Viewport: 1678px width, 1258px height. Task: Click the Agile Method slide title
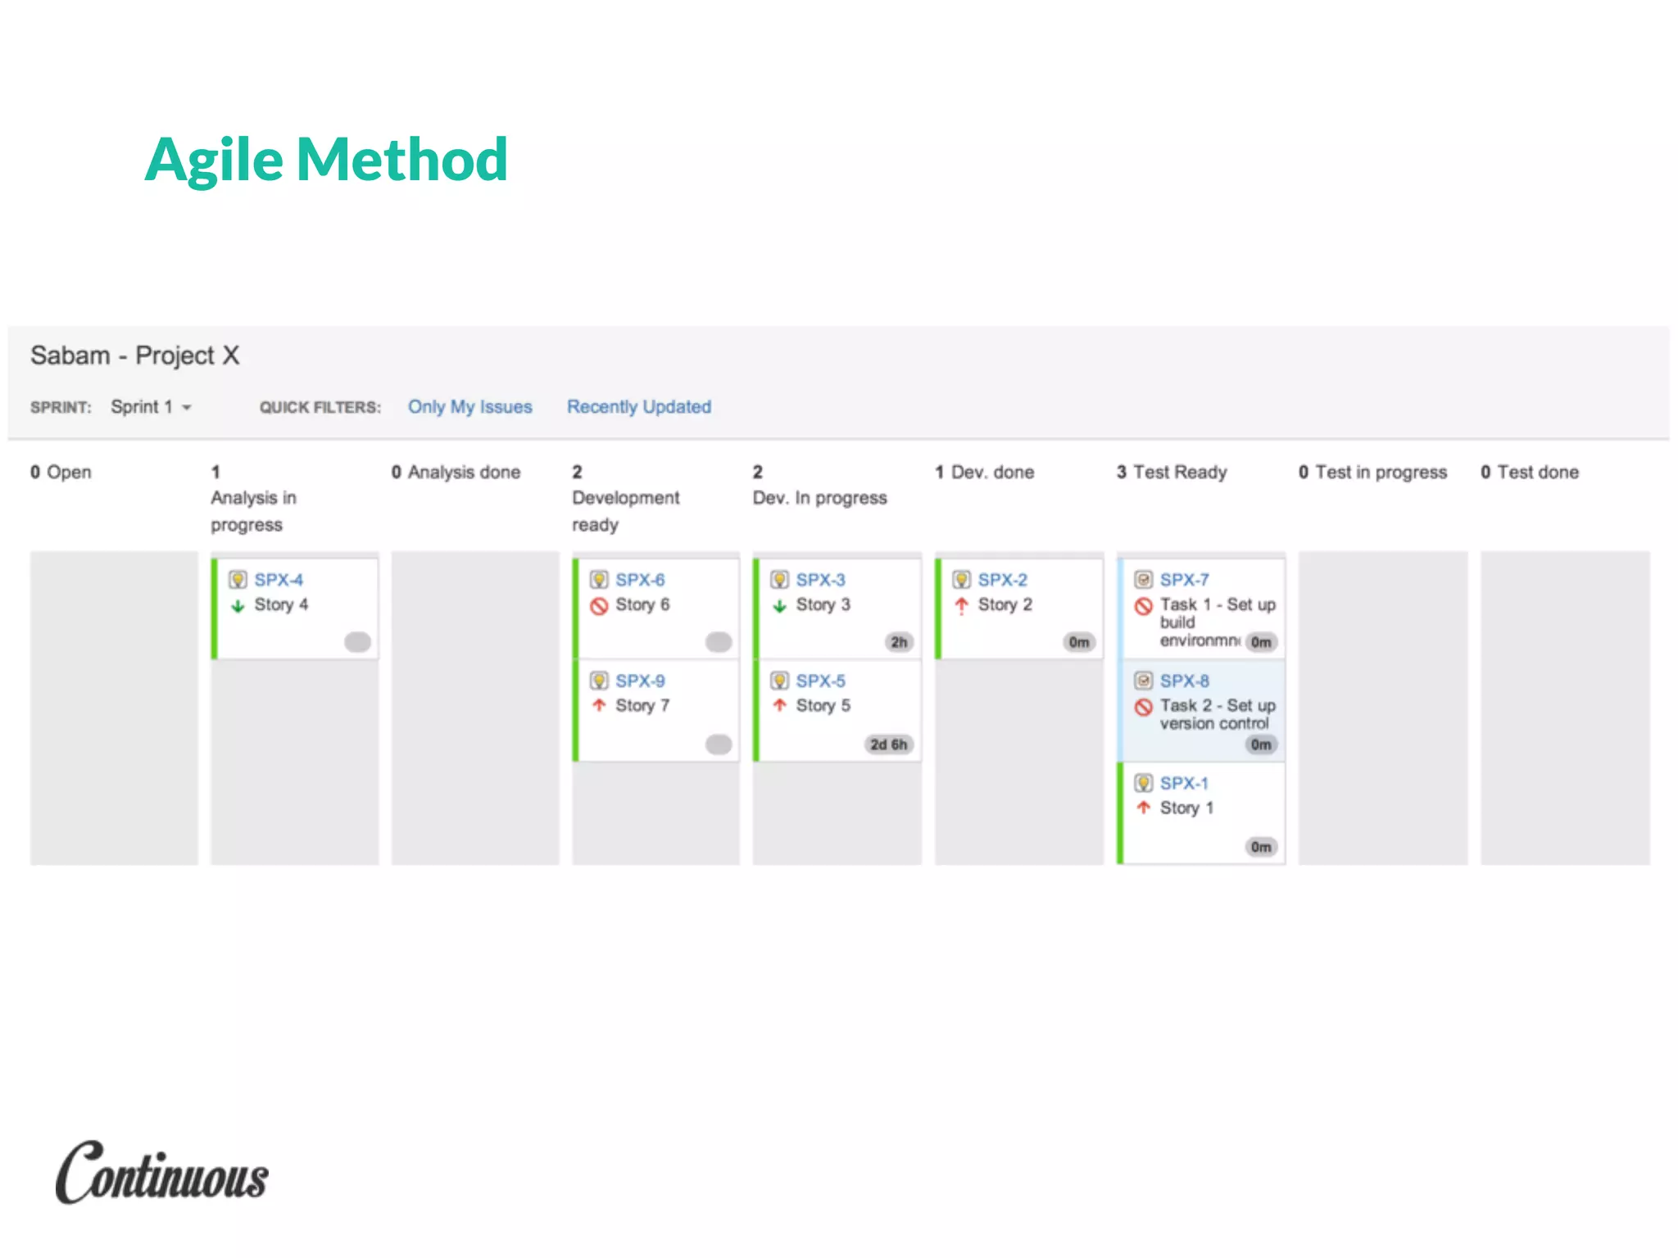tap(326, 159)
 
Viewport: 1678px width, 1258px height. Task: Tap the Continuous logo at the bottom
tap(162, 1174)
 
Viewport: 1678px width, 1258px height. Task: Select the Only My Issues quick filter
tap(469, 407)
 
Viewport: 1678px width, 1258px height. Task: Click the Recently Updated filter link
tap(639, 407)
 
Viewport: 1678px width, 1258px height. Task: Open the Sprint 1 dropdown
tap(151, 407)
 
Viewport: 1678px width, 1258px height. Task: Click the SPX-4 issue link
tap(279, 580)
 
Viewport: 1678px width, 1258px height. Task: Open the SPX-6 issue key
tap(640, 580)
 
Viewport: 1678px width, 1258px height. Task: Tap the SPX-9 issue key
tap(640, 681)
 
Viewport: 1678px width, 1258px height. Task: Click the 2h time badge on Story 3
tap(899, 642)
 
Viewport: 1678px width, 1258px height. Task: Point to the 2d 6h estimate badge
tap(888, 744)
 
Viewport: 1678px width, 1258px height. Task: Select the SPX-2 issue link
tap(1002, 580)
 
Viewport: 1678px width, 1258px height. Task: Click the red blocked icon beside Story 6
tap(599, 606)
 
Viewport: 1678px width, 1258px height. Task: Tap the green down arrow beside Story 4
tap(238, 606)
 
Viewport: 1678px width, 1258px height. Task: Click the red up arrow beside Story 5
tap(780, 706)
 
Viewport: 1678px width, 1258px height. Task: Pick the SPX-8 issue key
tap(1184, 681)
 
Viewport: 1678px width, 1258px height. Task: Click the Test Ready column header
tap(1172, 473)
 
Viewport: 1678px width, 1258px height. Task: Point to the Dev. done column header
tap(985, 473)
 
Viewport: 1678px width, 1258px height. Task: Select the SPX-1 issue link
tap(1184, 784)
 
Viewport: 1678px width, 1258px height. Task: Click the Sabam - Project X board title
tap(135, 355)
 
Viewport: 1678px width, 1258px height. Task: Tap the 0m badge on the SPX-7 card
tap(1261, 642)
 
